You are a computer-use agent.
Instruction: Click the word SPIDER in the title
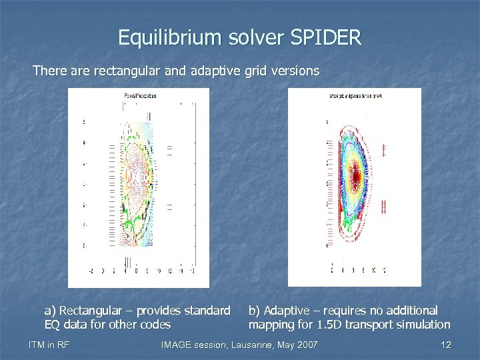point(327,37)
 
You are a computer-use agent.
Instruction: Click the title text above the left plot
point(140,97)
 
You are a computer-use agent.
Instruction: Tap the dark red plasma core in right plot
point(356,175)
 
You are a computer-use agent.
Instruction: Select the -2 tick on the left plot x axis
point(92,271)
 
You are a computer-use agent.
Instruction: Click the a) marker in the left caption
point(50,311)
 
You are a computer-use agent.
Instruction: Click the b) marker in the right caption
point(255,311)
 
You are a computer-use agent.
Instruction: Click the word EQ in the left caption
point(52,325)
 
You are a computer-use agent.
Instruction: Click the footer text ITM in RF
point(50,345)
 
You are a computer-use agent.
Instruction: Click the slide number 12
point(446,345)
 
